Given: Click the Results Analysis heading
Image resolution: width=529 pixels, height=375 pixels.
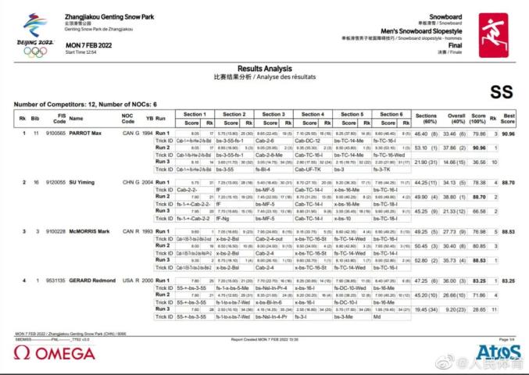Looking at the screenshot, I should point(263,69).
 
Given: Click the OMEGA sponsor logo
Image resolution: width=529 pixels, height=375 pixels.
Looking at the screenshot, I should point(55,353).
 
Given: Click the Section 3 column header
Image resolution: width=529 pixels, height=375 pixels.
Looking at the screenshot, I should point(272,114).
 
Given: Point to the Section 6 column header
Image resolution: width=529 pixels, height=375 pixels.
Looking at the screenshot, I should point(391,114).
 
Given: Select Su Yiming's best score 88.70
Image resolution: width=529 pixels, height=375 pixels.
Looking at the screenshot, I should point(509,182).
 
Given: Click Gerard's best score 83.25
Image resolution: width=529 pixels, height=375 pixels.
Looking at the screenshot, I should point(509,279).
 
